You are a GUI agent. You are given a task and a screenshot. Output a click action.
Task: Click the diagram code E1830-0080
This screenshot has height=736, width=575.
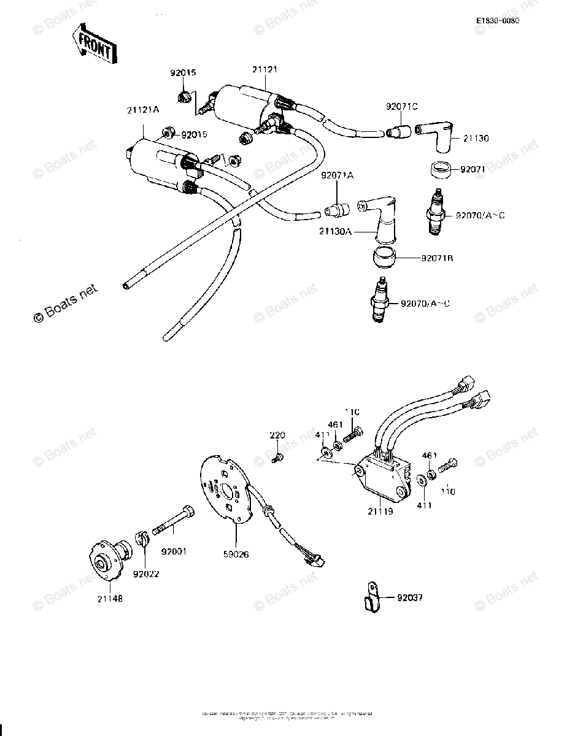point(498,21)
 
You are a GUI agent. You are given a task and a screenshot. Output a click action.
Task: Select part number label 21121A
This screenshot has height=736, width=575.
point(143,110)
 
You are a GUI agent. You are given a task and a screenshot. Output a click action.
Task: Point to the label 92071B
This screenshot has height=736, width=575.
point(436,258)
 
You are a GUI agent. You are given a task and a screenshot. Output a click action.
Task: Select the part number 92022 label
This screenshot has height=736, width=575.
point(145,575)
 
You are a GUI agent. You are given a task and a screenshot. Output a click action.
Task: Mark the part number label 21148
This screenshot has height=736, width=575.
point(109,599)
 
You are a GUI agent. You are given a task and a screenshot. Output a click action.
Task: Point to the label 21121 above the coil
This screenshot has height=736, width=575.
point(265,69)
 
